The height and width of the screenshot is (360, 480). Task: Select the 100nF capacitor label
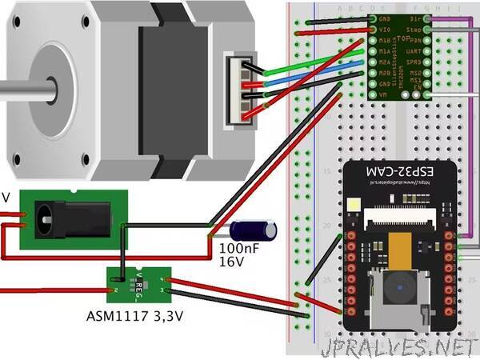point(238,249)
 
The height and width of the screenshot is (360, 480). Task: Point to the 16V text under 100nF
point(230,262)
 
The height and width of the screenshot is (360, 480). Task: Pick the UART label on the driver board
point(414,50)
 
